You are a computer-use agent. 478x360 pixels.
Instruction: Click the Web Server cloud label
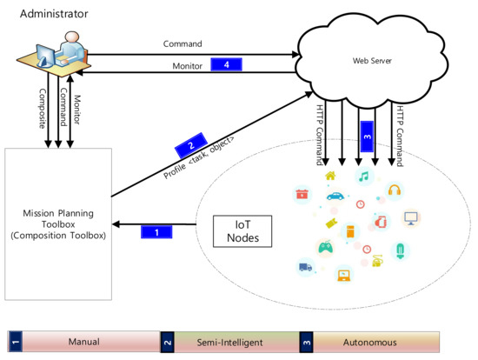point(370,60)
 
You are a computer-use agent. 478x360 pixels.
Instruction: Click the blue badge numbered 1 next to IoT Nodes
point(157,232)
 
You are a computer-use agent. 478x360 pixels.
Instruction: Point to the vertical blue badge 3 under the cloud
point(366,136)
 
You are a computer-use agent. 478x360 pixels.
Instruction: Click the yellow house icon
point(331,177)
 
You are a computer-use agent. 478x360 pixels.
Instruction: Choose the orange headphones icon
point(394,190)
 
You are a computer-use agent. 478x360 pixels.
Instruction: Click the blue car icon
point(333,197)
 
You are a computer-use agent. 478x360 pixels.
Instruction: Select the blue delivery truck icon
point(305,266)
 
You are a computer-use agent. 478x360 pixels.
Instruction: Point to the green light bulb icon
point(401,251)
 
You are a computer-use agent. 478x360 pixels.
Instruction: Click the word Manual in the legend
point(84,342)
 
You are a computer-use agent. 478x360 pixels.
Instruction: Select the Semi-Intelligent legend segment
point(231,342)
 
